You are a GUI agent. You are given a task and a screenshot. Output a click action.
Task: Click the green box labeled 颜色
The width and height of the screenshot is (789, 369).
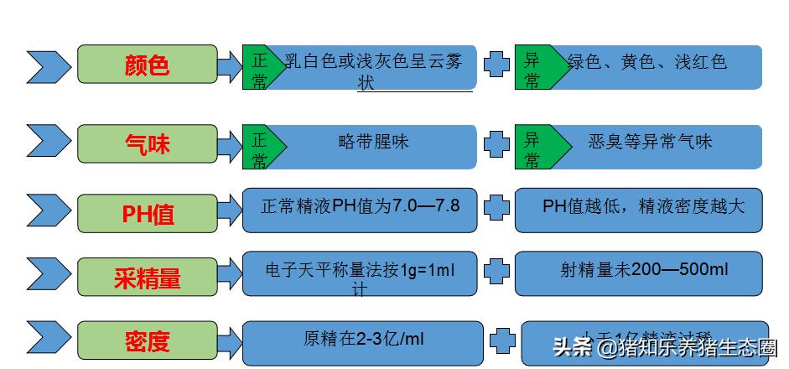tap(147, 65)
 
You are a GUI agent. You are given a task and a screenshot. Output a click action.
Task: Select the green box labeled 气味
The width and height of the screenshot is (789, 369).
tap(147, 144)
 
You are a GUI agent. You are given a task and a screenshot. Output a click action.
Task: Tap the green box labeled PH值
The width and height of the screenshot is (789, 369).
tap(147, 213)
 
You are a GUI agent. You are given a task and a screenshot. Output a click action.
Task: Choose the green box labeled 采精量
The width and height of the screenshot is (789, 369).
tap(147, 278)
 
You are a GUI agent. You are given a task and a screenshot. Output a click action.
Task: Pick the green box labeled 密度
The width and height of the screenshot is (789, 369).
tap(147, 340)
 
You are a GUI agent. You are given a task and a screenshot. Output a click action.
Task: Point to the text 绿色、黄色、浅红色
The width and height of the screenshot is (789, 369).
tap(646, 61)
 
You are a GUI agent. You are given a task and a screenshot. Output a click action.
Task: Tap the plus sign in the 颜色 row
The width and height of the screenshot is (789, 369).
tap(496, 65)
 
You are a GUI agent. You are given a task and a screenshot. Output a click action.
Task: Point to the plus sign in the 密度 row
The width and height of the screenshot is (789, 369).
tap(502, 340)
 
